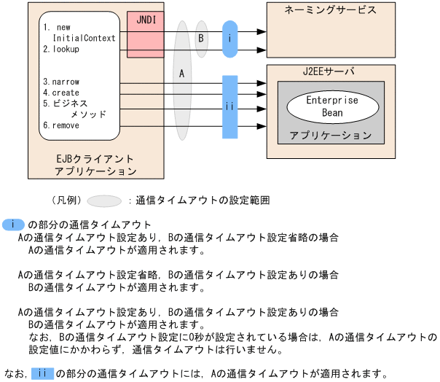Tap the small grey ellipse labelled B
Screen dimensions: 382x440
[x=201, y=37]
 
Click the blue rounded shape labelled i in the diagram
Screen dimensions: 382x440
[x=230, y=42]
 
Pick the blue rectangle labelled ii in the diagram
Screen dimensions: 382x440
[x=230, y=106]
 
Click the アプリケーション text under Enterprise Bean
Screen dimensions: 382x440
[x=330, y=136]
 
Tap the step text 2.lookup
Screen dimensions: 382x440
[x=61, y=50]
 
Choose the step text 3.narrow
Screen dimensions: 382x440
[x=61, y=82]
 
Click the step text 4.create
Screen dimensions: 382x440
[x=61, y=93]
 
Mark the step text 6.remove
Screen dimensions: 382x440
[x=61, y=125]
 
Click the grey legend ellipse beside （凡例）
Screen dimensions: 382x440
[x=104, y=200]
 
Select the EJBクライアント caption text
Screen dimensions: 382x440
[x=95, y=159]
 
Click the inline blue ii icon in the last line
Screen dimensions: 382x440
[x=43, y=374]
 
